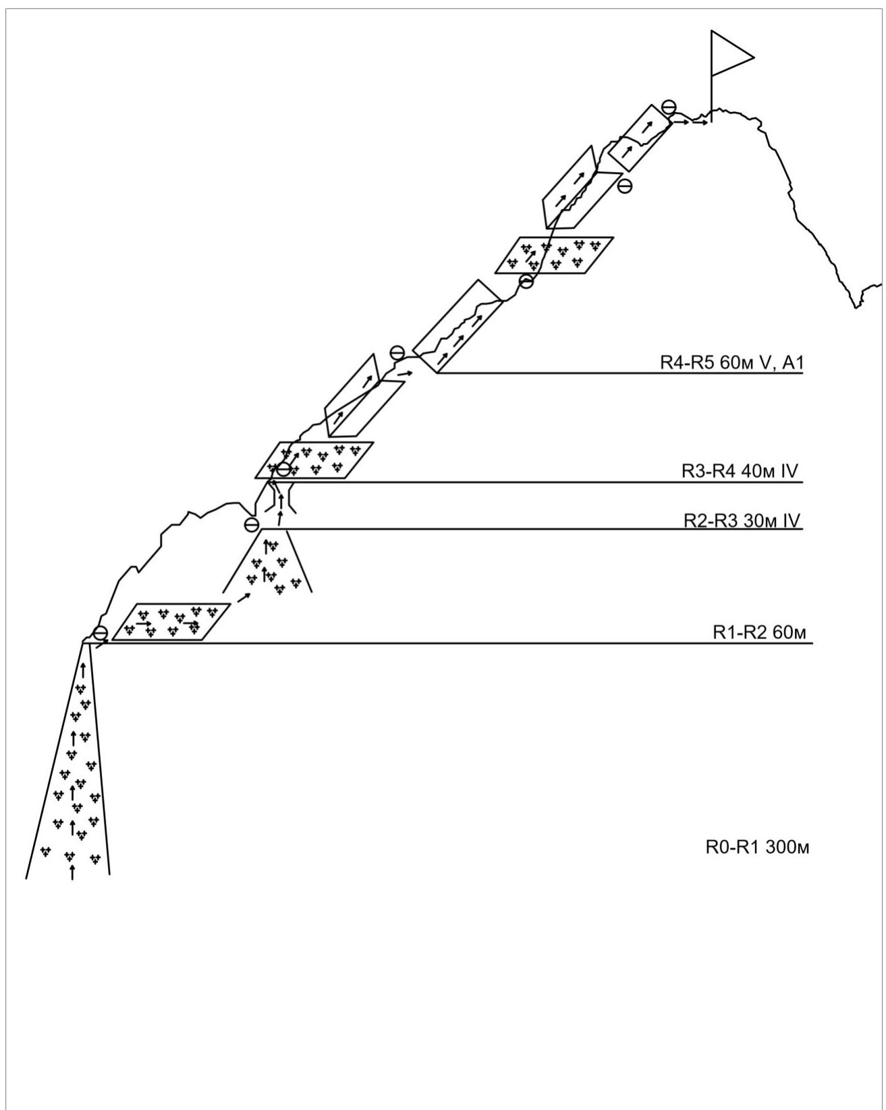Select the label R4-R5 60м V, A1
731,362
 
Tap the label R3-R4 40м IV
740,471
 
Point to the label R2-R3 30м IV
742,521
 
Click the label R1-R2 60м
759,632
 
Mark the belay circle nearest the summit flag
669,107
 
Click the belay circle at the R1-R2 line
100,633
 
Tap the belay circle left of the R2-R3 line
251,524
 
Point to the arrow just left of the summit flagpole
700,123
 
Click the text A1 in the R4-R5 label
793,362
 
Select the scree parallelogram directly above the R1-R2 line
171,621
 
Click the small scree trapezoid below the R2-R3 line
267,561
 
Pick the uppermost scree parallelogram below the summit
554,255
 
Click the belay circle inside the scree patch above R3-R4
284,470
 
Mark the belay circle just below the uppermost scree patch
526,281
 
